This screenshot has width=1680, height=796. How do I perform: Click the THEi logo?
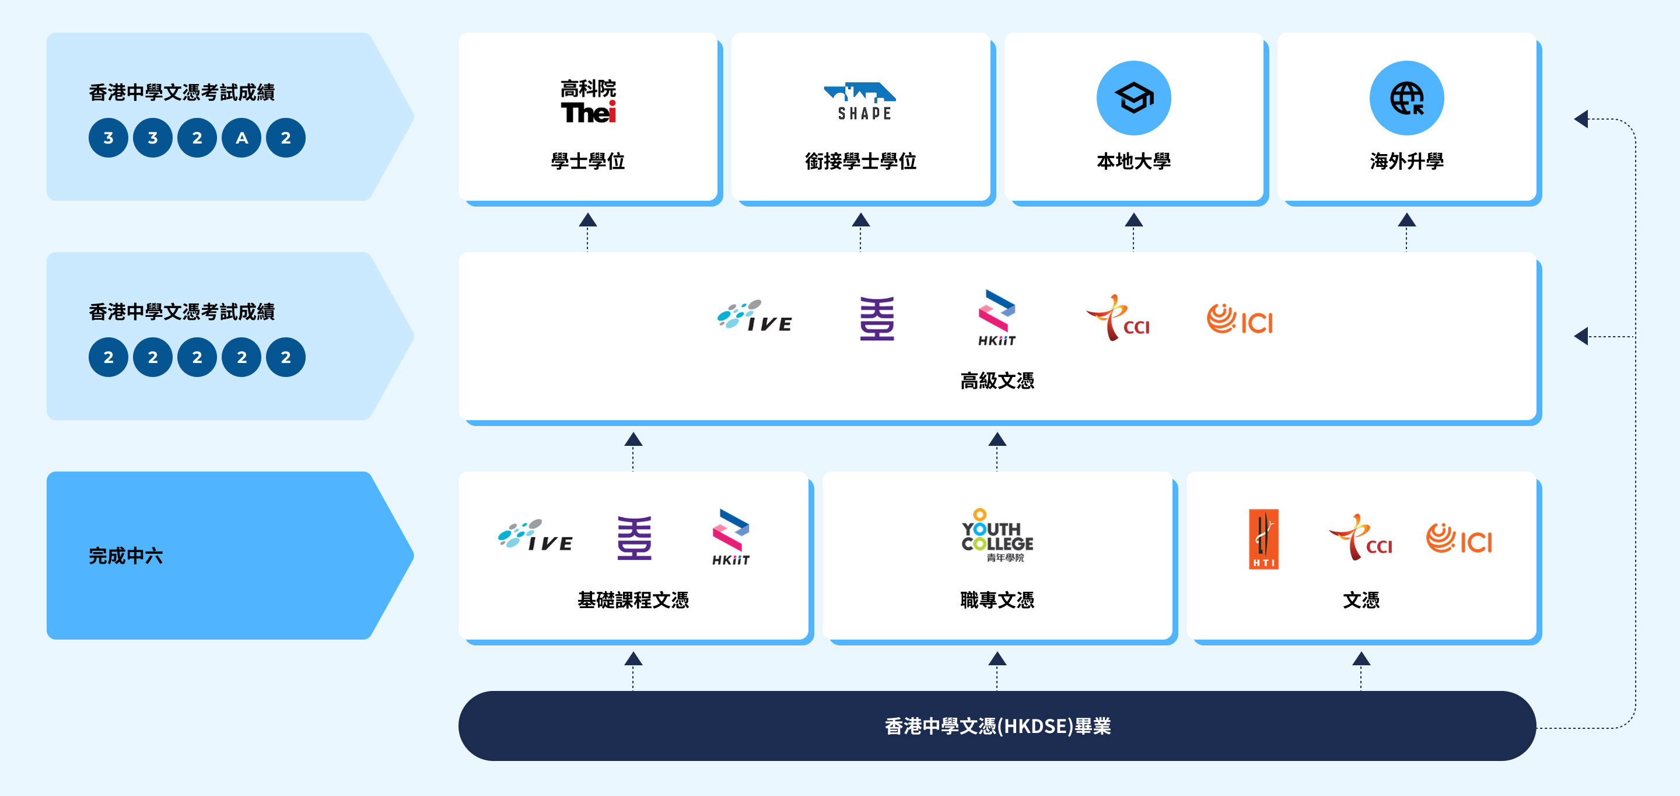pos(587,102)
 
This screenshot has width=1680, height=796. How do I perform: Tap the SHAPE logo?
pos(861,102)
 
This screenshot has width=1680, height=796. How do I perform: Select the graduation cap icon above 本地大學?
pos(1133,98)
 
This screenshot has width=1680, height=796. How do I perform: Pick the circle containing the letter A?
pos(242,138)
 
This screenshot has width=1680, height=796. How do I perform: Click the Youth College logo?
pos(997,536)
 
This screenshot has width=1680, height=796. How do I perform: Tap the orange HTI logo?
pos(1263,539)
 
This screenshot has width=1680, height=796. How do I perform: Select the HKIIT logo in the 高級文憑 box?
pos(996,317)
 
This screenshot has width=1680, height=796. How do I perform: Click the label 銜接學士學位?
pos(861,161)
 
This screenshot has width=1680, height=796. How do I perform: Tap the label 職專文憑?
pos(997,599)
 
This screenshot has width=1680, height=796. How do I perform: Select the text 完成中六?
pos(126,556)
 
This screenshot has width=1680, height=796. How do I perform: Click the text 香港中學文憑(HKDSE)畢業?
pos(997,726)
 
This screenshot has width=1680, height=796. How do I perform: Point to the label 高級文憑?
pos(997,380)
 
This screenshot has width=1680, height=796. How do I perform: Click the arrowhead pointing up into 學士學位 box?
pos(587,221)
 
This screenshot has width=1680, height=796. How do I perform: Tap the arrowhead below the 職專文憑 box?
pos(997,659)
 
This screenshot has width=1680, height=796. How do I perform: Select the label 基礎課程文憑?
pos(633,599)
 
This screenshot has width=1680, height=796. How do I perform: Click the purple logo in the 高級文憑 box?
pos(877,319)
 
